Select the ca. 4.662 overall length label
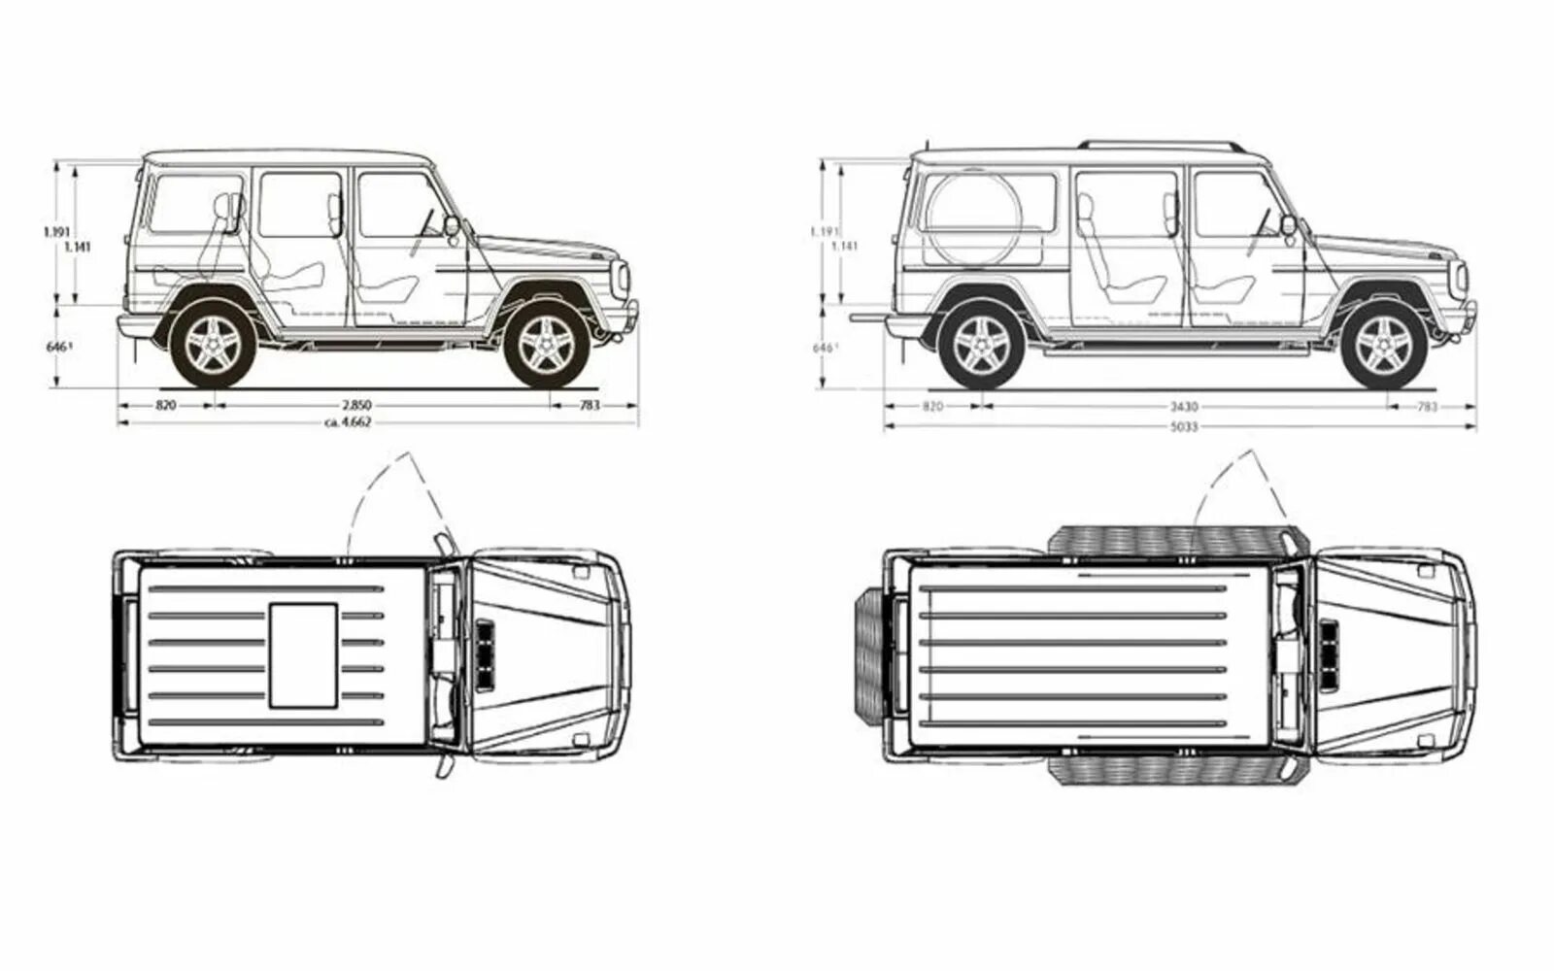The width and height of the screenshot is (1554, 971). point(350,422)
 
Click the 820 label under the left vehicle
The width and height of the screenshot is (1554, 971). point(165,405)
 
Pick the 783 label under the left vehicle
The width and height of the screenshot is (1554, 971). point(590,405)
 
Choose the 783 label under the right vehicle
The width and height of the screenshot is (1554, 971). point(1426,408)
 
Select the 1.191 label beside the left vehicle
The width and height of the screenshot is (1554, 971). point(56,231)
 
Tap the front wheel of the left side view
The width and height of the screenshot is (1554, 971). point(546,345)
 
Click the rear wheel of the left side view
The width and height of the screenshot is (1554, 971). point(214,345)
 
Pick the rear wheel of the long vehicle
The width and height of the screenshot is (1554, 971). point(981,346)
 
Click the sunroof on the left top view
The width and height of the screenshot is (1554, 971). point(303,654)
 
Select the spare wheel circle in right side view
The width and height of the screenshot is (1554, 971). point(973,218)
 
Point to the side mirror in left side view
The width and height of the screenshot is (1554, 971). point(452,225)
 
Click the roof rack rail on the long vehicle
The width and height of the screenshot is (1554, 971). point(1161,144)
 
